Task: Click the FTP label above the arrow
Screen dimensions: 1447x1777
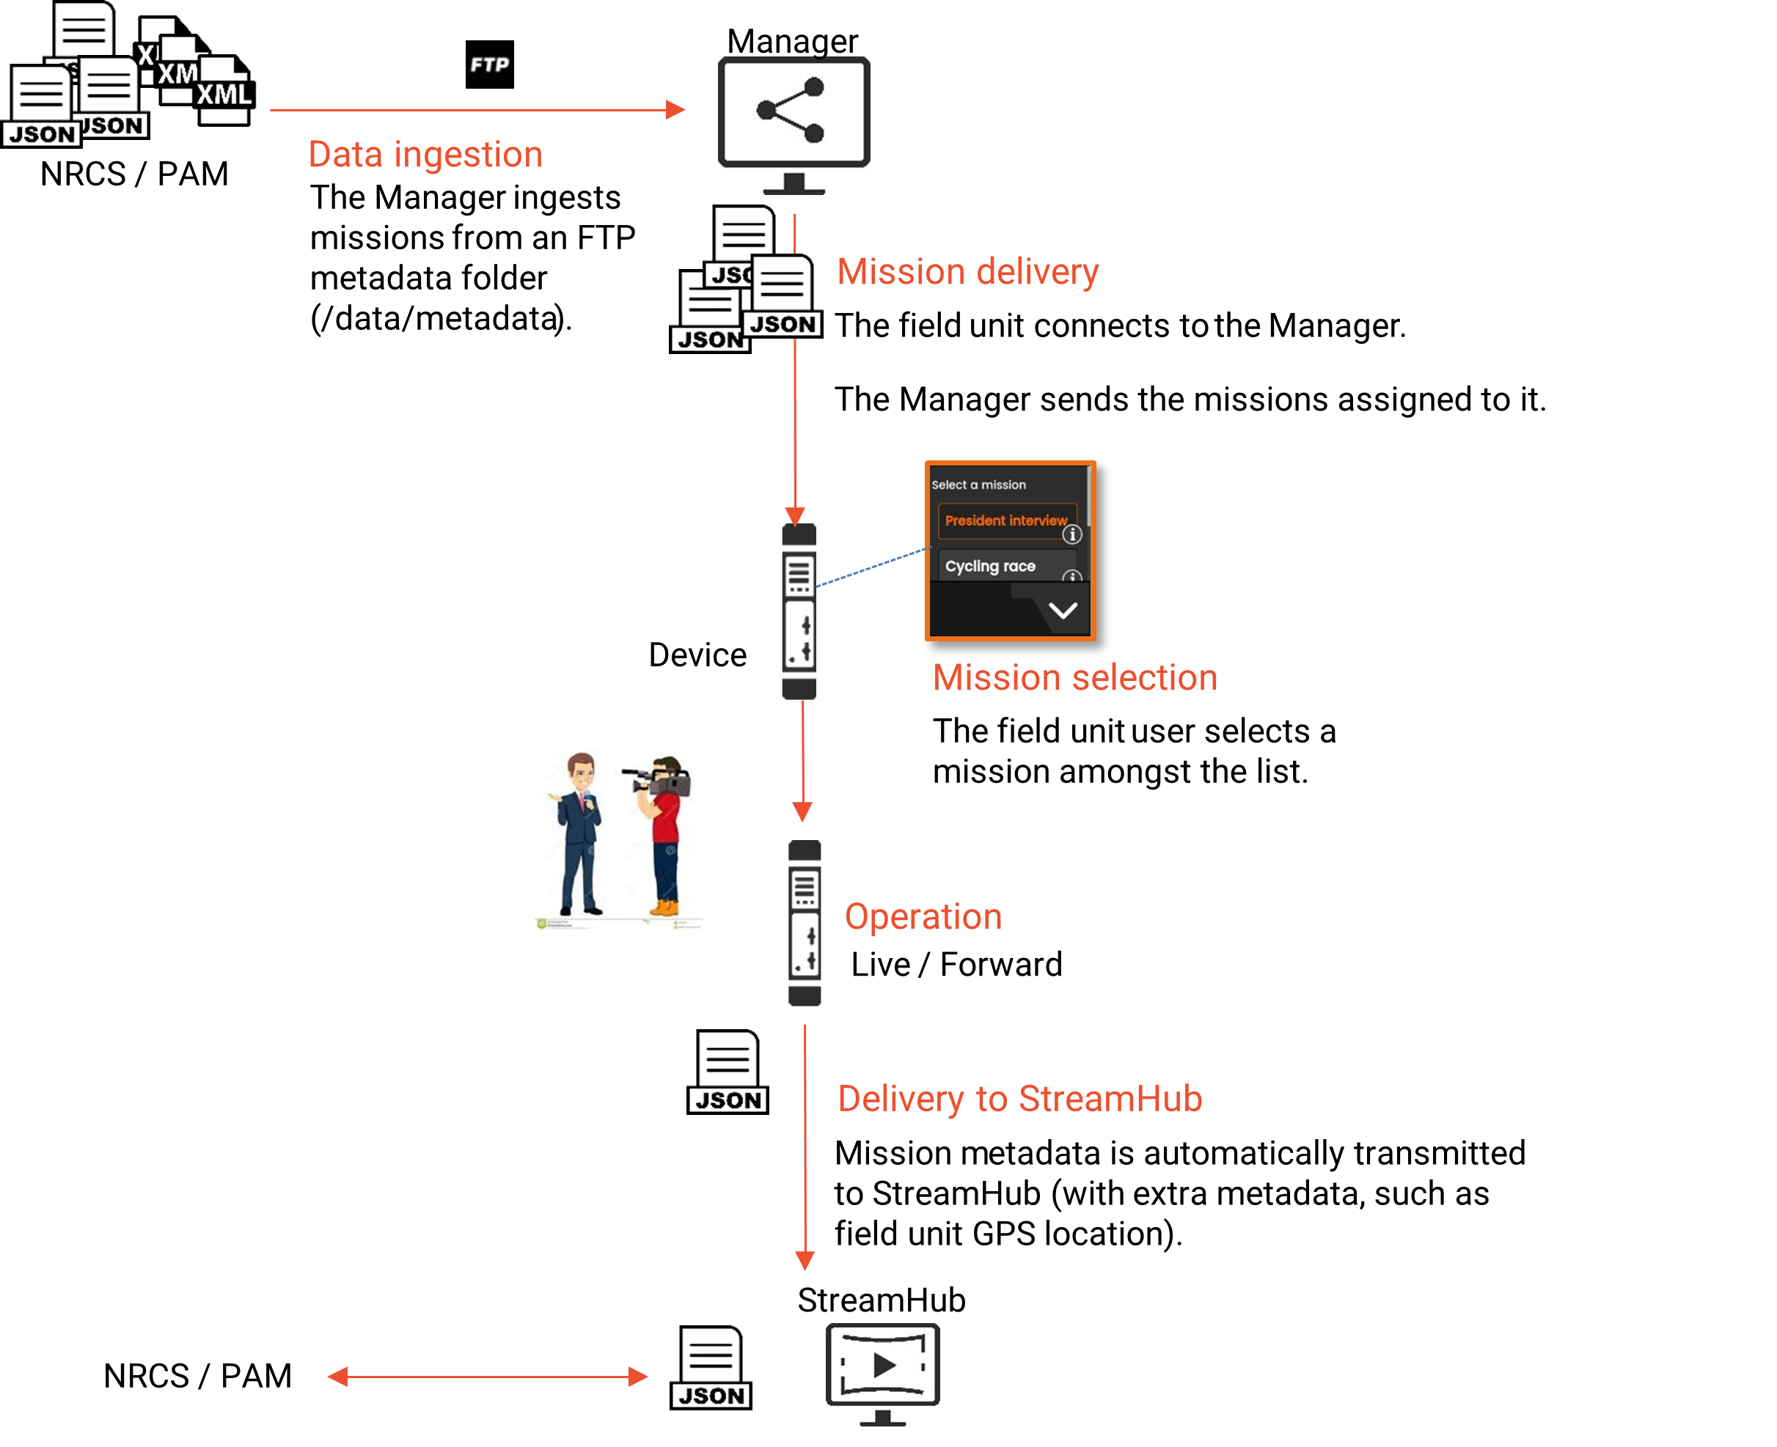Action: [489, 65]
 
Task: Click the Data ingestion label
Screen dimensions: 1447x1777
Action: [425, 155]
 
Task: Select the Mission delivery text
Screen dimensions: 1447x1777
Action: [967, 272]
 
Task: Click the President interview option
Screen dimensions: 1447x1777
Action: [1005, 521]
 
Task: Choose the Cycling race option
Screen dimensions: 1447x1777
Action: [991, 567]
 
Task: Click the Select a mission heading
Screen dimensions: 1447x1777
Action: [978, 485]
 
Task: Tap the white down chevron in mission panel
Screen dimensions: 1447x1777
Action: [1063, 611]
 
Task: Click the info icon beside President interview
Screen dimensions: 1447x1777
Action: [1072, 534]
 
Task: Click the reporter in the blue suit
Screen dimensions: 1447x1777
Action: [580, 833]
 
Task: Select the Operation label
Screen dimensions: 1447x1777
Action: [923, 917]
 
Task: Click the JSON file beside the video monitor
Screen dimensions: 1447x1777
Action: [711, 1368]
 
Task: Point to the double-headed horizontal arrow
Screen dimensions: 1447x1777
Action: [488, 1377]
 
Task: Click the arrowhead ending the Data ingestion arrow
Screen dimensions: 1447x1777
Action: [675, 110]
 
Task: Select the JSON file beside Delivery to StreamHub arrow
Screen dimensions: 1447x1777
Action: [727, 1072]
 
